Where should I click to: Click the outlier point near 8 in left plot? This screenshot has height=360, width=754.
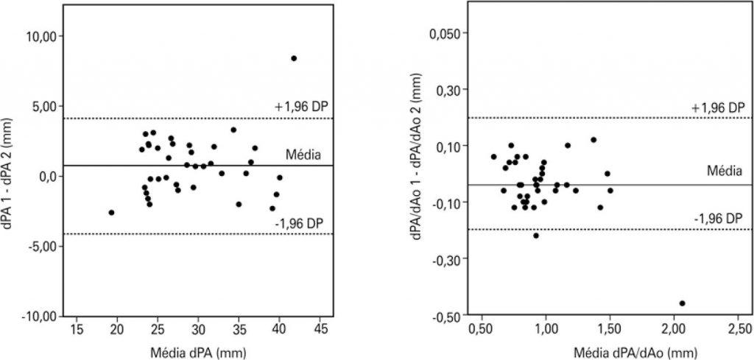point(294,58)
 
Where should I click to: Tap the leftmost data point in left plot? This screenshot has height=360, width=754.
point(111,212)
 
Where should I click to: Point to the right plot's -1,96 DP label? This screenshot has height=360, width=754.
point(717,219)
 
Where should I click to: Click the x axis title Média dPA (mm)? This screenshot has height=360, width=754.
point(197,351)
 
